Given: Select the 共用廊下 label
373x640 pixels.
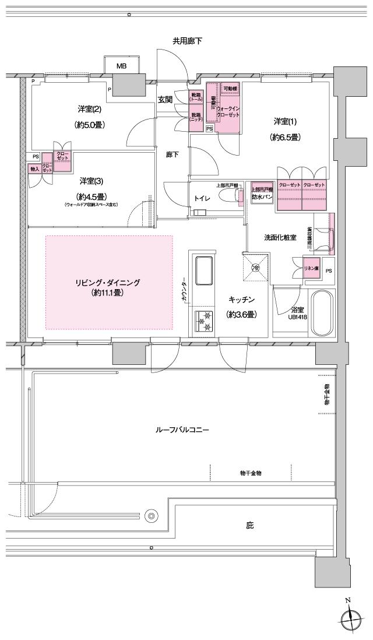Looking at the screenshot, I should tap(187, 41).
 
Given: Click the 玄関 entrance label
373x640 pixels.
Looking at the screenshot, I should tap(165, 100).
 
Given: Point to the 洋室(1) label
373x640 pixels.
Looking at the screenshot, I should tap(286, 121).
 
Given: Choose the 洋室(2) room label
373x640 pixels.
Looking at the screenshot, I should tap(89, 109).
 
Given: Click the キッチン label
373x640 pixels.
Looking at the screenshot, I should tap(241, 299).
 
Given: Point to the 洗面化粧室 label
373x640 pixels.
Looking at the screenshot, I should tap(280, 238).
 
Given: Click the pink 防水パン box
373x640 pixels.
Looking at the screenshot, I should tap(262, 194).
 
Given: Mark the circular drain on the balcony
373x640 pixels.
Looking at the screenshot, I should tap(152, 515).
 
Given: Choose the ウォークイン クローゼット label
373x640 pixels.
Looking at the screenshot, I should tap(228, 111).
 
